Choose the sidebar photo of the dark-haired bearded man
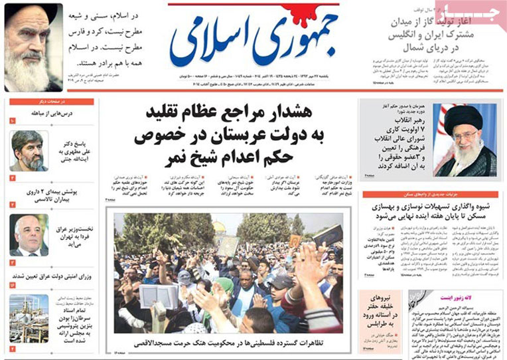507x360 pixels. coord(28,149)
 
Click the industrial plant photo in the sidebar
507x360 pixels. coord(28,318)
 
